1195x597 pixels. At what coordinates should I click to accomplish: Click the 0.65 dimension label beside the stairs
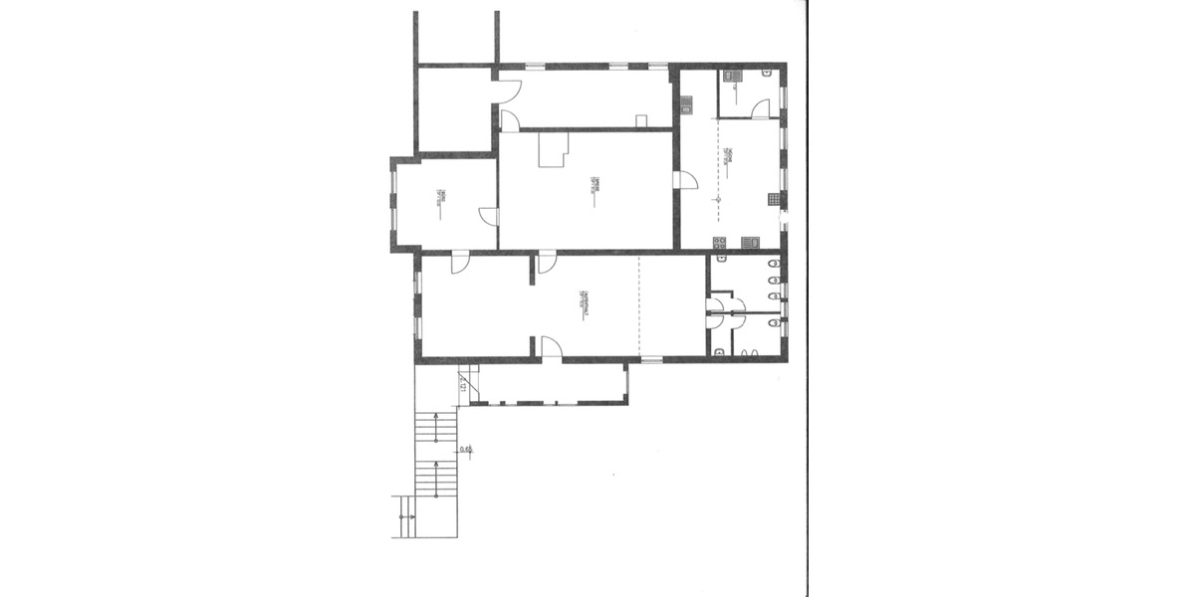[465, 451]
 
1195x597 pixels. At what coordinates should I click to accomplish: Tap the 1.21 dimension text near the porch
[463, 383]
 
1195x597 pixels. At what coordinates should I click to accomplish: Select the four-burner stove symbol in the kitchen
[719, 242]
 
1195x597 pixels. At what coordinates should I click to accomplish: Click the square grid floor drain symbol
[774, 199]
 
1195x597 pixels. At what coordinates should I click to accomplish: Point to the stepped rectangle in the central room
[552, 151]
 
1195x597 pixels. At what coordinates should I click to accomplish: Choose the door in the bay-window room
[488, 216]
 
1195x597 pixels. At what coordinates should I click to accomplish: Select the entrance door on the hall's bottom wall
[551, 347]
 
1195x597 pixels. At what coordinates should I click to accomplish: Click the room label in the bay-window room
[439, 201]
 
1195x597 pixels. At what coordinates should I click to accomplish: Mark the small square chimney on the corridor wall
[641, 121]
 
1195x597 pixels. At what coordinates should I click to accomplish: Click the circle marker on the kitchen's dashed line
[715, 200]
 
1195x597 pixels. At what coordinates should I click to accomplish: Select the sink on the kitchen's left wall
[686, 100]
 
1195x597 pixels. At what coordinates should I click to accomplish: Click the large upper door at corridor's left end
[508, 91]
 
